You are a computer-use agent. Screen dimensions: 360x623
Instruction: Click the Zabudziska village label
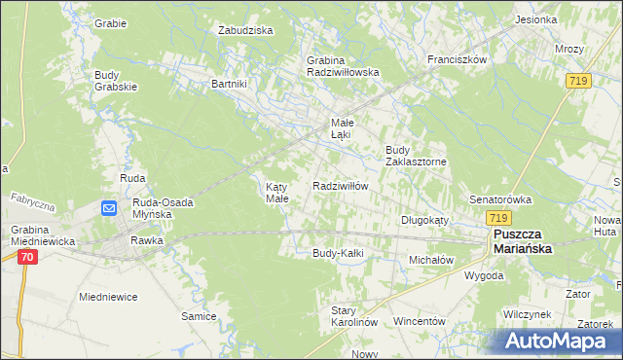coord(245,30)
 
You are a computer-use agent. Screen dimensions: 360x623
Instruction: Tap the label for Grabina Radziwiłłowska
coord(342,65)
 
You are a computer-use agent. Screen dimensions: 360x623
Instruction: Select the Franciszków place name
coord(457,58)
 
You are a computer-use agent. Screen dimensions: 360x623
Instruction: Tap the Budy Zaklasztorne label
coord(415,156)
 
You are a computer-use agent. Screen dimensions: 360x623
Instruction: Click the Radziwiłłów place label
coord(340,185)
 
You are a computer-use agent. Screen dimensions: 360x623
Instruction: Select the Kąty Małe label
coord(277,192)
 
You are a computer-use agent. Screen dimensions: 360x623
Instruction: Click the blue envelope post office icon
coord(109,207)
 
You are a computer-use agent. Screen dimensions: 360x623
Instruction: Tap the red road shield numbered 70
coord(26,257)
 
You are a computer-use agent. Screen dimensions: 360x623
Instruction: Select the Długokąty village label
coord(424,220)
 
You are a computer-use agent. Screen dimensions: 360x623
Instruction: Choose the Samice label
coord(198,316)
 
